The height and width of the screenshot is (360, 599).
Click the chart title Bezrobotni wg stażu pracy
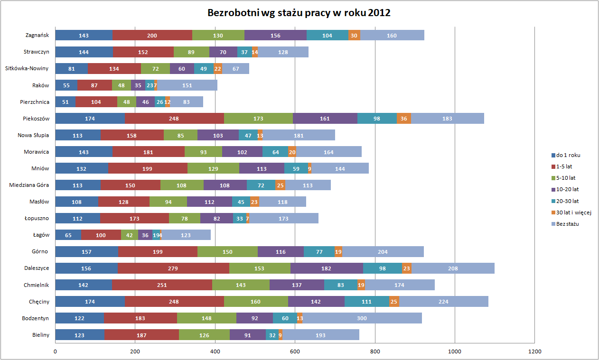pyautogui.click(x=299, y=13)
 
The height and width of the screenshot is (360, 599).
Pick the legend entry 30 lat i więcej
pyautogui.click(x=573, y=212)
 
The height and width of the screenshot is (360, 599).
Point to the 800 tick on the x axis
pyautogui.click(x=375, y=351)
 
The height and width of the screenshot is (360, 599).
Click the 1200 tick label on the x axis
pyautogui.click(x=534, y=351)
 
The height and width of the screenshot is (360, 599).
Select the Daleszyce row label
pyautogui.click(x=37, y=268)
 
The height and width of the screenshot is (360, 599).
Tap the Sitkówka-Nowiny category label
pyautogui.click(x=27, y=68)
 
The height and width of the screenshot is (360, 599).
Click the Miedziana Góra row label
pyautogui.click(x=29, y=185)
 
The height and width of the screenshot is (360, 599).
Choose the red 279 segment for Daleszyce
pyautogui.click(x=173, y=268)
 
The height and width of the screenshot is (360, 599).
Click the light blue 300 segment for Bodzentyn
pyautogui.click(x=362, y=318)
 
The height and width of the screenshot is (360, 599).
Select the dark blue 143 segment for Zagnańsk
pyautogui.click(x=84, y=35)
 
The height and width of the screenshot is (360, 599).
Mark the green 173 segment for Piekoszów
pyautogui.click(x=258, y=119)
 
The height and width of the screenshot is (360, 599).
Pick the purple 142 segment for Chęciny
pyautogui.click(x=316, y=302)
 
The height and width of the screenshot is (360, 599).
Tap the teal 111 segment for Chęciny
pyautogui.click(x=367, y=302)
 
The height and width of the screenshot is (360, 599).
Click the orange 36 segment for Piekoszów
pyautogui.click(x=404, y=119)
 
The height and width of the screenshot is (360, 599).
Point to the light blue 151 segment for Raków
pyautogui.click(x=187, y=85)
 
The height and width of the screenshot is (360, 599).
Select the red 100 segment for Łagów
pyautogui.click(x=101, y=235)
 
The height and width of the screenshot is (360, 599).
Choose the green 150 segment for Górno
pyautogui.click(x=227, y=251)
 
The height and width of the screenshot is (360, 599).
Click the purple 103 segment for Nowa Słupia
pyautogui.click(x=218, y=135)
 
